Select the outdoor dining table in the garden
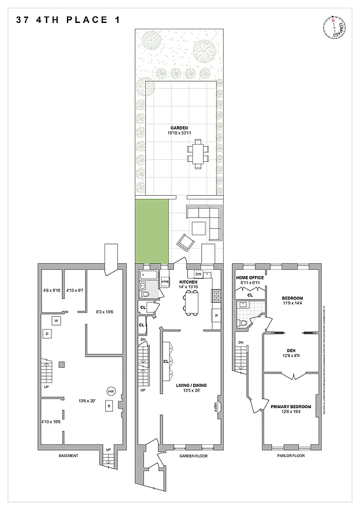(198, 154)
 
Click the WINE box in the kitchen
(164, 280)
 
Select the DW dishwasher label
(199, 273)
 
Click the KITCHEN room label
(189, 282)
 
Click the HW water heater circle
(110, 391)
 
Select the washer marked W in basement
(56, 320)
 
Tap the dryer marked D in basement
(47, 333)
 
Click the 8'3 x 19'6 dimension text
(105, 312)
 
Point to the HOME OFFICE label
(250, 278)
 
